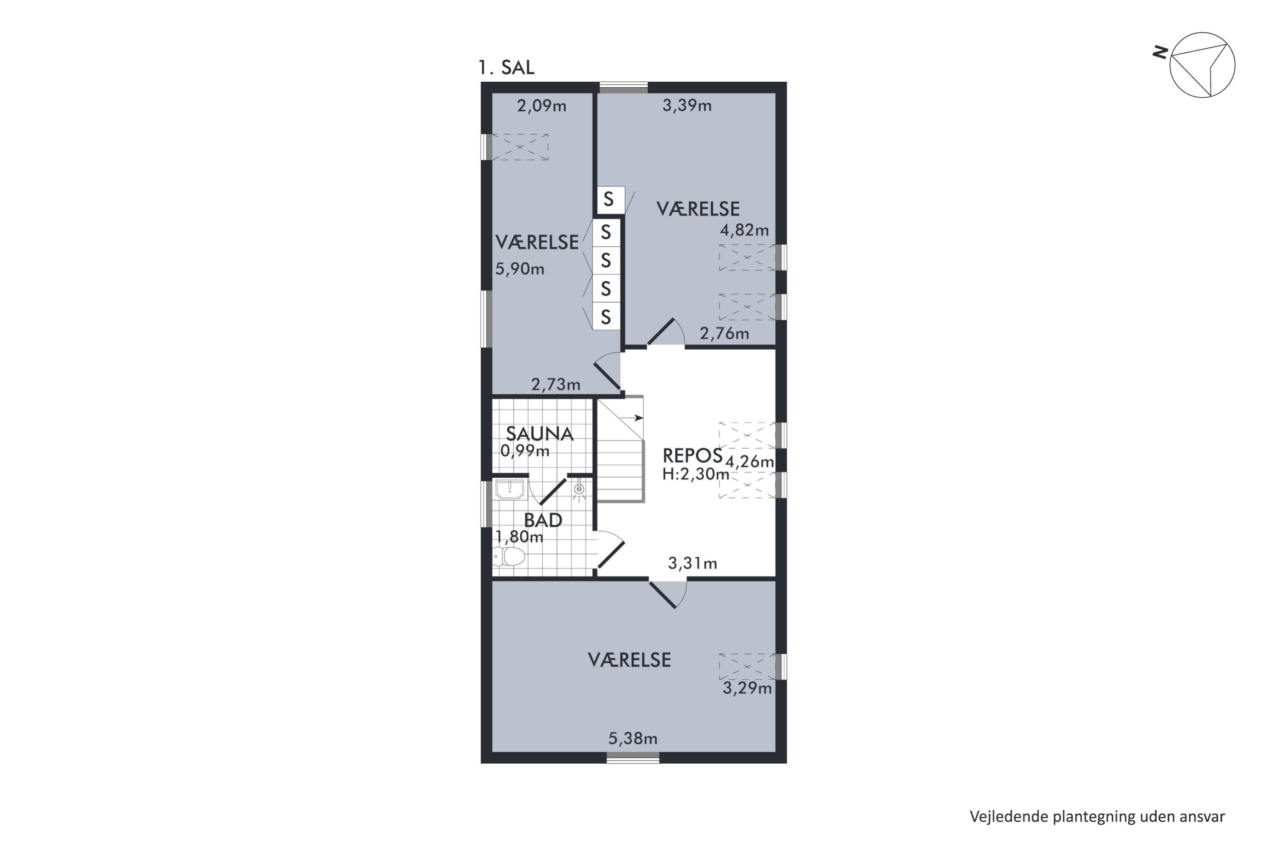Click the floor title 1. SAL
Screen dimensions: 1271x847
click(x=506, y=67)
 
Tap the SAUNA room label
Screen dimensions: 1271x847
click(x=539, y=434)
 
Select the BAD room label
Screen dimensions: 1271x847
click(x=543, y=520)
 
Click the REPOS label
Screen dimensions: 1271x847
click(x=692, y=456)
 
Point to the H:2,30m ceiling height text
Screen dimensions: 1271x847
click(x=696, y=474)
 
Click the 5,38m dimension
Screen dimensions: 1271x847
click(x=633, y=739)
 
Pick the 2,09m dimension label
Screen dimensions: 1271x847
click(x=541, y=106)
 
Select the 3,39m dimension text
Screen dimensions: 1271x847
click(x=687, y=105)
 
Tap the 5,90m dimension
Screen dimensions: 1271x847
click(x=520, y=269)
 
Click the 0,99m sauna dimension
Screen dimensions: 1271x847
click(x=525, y=451)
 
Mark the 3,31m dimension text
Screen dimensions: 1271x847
click(x=692, y=563)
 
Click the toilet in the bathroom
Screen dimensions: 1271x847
click(x=508, y=556)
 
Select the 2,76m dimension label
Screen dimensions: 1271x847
click(x=724, y=333)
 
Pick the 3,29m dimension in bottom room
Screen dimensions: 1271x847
click(x=747, y=688)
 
